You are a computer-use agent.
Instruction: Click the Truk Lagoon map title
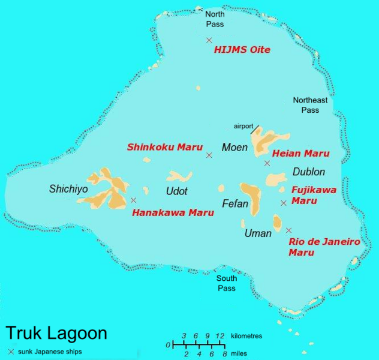pos(56,334)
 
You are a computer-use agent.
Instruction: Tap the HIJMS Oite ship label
pos(242,50)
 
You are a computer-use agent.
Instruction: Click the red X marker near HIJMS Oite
pos(209,40)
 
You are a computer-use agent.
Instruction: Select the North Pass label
pos(215,19)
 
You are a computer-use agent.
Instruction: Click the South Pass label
pos(227,283)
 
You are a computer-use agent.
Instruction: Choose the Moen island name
pos(234,147)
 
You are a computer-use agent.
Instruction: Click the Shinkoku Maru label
pos(164,147)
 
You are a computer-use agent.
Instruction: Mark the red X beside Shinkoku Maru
pos(209,155)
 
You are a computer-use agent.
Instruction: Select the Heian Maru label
pos(300,154)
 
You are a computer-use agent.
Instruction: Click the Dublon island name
pos(308,172)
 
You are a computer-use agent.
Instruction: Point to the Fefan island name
pos(234,203)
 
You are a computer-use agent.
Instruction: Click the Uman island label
pos(258,233)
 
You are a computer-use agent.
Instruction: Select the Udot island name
pos(176,191)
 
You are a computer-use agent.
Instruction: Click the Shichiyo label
pos(68,189)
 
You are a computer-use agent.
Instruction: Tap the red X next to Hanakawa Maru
pos(133,200)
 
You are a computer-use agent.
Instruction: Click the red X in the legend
pos(11,351)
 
